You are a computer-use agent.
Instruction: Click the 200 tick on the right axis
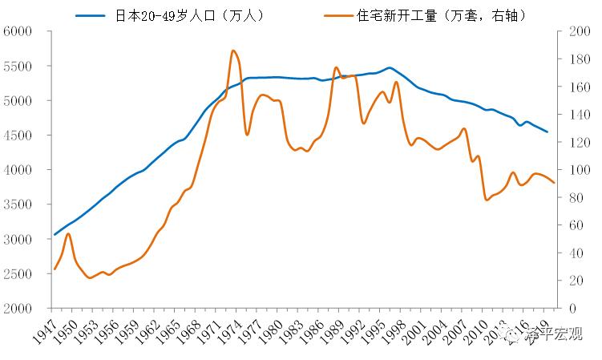pyautogui.click(x=576, y=31)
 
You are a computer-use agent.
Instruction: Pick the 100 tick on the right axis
pyautogui.click(x=576, y=170)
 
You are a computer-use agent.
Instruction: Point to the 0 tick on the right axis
pyautogui.click(x=570, y=309)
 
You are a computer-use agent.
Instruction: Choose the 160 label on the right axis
pyautogui.click(x=576, y=87)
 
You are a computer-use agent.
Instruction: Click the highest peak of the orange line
pyautogui.click(x=232, y=51)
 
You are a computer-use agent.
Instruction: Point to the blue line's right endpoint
pyautogui.click(x=547, y=131)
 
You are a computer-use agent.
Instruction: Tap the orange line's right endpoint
pyautogui.click(x=554, y=184)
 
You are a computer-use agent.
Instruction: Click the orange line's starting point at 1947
pyautogui.click(x=55, y=269)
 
